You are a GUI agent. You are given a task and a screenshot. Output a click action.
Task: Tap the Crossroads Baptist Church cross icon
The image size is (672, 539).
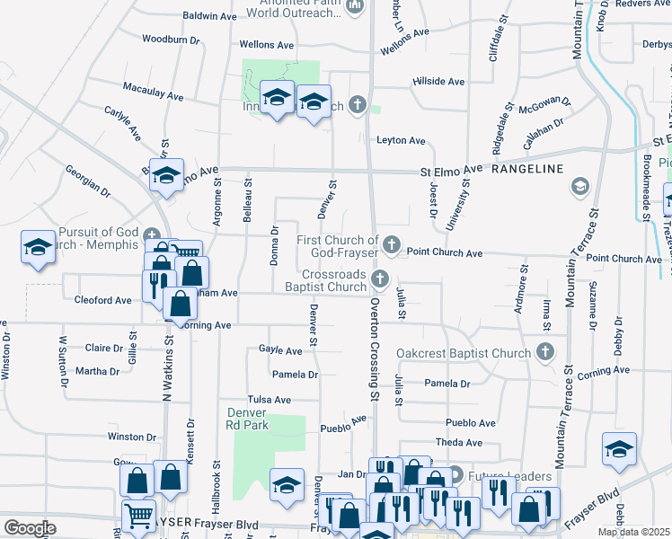[x=381, y=278]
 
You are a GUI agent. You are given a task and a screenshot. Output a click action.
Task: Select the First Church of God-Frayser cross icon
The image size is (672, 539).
[x=392, y=243]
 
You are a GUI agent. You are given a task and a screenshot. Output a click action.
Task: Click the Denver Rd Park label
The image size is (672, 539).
[x=243, y=419]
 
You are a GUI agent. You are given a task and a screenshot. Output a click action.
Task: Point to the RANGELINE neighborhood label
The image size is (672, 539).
[x=527, y=169]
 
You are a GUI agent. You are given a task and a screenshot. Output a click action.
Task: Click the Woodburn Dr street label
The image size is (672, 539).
[x=169, y=39]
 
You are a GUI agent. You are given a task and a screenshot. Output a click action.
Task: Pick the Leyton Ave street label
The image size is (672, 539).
[x=401, y=140]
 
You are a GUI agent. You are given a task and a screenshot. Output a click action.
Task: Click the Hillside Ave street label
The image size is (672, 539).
[x=439, y=81]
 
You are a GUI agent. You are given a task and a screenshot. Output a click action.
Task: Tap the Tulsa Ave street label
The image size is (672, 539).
[x=270, y=400]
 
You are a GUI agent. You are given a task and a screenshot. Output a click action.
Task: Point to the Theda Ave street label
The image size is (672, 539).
[x=459, y=442]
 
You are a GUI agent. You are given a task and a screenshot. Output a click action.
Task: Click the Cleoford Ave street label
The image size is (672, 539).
[x=103, y=300]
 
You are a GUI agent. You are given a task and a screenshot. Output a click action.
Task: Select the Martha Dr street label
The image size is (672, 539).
[x=97, y=371]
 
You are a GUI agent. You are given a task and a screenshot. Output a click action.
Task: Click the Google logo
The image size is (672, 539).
[x=30, y=528]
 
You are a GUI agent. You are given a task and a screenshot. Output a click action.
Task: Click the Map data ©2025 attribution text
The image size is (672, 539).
[x=636, y=532]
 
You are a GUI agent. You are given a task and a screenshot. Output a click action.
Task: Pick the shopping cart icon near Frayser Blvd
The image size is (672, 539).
[x=137, y=517]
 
